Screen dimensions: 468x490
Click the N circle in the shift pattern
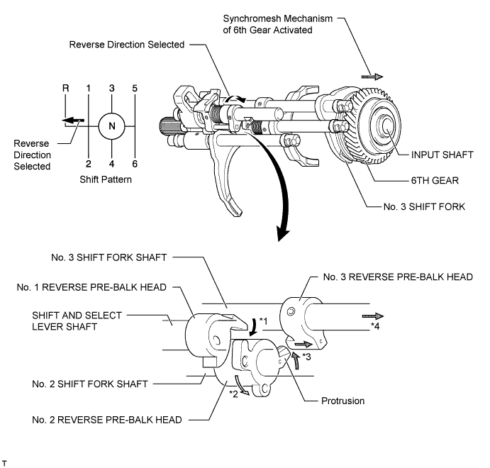pyautogui.click(x=111, y=126)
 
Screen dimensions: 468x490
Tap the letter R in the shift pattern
pyautogui.click(x=65, y=88)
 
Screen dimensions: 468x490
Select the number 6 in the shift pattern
pyautogui.click(x=135, y=164)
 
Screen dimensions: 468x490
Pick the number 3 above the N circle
pyautogui.click(x=111, y=88)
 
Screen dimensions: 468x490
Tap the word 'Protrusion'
pyautogui.click(x=340, y=401)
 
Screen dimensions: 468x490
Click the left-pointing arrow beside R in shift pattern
pyautogui.click(x=71, y=120)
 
